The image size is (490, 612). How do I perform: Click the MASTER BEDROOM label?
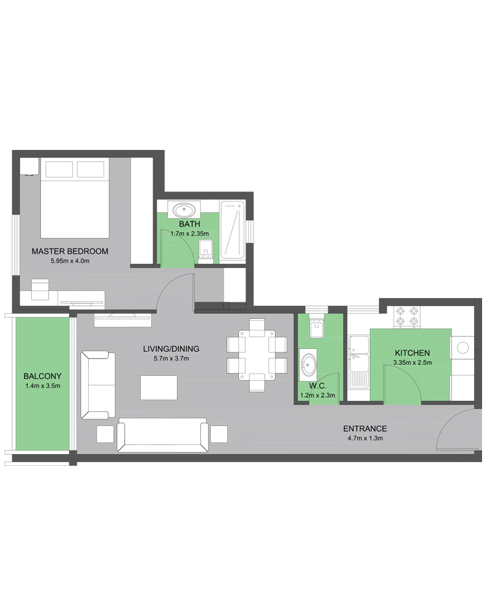coord(70,252)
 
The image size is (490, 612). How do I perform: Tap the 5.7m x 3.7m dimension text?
coord(171,358)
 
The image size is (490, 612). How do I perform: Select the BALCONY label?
coord(43,376)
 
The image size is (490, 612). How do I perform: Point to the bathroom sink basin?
coord(184,211)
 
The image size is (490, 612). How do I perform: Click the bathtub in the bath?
coord(233,230)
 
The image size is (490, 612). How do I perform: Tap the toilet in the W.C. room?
coord(317,326)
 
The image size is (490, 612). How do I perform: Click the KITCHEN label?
coord(412,353)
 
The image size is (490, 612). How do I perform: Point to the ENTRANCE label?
coord(365,428)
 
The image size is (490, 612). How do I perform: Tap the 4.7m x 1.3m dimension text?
coord(365,438)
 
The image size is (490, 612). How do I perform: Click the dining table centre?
coord(257,355)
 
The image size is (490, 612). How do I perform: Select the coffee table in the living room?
coord(159,387)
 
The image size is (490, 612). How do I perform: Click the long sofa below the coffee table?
coord(162,435)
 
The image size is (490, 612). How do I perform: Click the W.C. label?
coord(318,386)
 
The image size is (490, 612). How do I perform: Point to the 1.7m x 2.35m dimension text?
coord(189,234)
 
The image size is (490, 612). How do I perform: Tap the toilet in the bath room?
coord(206,252)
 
